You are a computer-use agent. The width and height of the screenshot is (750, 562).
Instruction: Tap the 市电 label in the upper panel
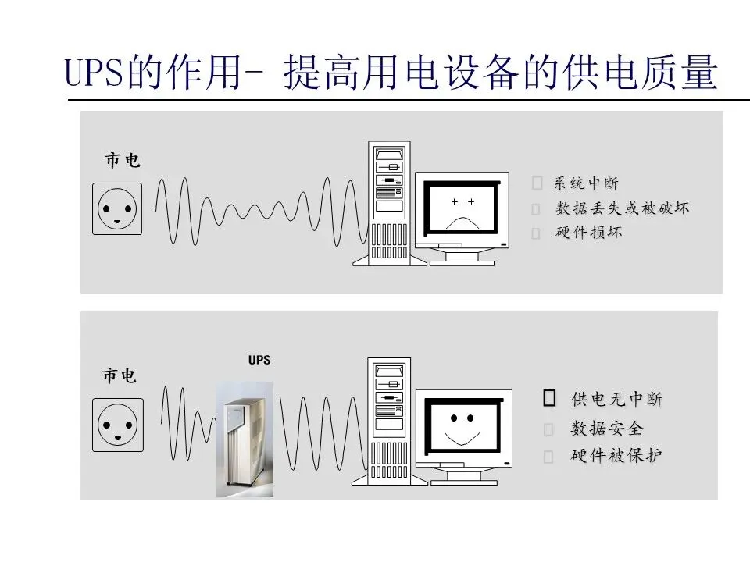[x=123, y=161]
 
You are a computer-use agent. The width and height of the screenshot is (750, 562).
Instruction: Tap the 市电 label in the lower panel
[x=119, y=376]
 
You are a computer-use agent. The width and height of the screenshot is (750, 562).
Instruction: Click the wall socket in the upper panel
[x=117, y=208]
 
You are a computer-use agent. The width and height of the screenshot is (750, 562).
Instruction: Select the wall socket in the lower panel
[x=117, y=425]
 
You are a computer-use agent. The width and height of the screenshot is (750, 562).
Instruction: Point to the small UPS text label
[x=259, y=361]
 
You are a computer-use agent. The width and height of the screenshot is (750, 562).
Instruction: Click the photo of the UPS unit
[x=245, y=439]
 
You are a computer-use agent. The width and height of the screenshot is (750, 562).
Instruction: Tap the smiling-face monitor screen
[x=462, y=426]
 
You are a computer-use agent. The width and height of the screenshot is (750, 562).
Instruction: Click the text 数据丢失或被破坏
[x=623, y=208]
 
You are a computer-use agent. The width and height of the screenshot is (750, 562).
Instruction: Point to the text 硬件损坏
[x=588, y=233]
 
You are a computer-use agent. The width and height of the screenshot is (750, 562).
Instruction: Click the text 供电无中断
[x=617, y=400]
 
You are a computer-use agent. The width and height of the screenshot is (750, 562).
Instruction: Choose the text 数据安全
[x=607, y=429]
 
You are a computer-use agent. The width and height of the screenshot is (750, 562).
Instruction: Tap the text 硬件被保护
[x=617, y=456]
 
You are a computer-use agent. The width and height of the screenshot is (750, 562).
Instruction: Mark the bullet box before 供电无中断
[x=549, y=399]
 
